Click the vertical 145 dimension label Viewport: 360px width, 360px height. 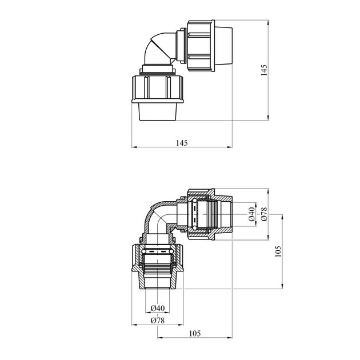(x=264, y=70)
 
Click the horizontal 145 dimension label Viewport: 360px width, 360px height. (x=182, y=143)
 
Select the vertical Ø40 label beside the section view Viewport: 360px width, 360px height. (x=252, y=214)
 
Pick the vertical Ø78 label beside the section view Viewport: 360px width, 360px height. (x=264, y=214)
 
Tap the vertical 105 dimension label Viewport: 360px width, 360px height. (x=278, y=251)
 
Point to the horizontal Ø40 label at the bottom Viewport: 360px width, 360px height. (x=158, y=308)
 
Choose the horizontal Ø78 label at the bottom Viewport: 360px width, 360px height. (x=158, y=320)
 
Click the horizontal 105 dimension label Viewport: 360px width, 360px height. (x=195, y=333)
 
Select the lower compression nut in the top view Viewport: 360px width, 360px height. (x=158, y=89)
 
